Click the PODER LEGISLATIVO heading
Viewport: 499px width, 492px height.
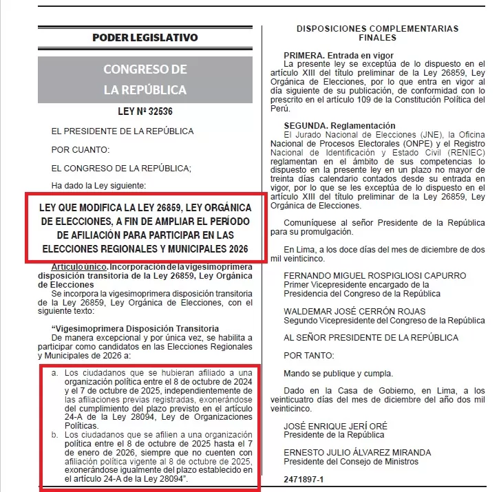click(145, 37)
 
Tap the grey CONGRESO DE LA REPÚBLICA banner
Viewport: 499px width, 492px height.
click(145, 79)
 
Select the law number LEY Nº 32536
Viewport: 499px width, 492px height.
click(145, 112)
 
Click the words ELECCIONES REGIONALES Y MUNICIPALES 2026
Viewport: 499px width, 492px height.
click(145, 248)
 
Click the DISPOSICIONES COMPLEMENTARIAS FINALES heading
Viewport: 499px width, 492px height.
click(376, 33)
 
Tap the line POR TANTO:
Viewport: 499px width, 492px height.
click(309, 356)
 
